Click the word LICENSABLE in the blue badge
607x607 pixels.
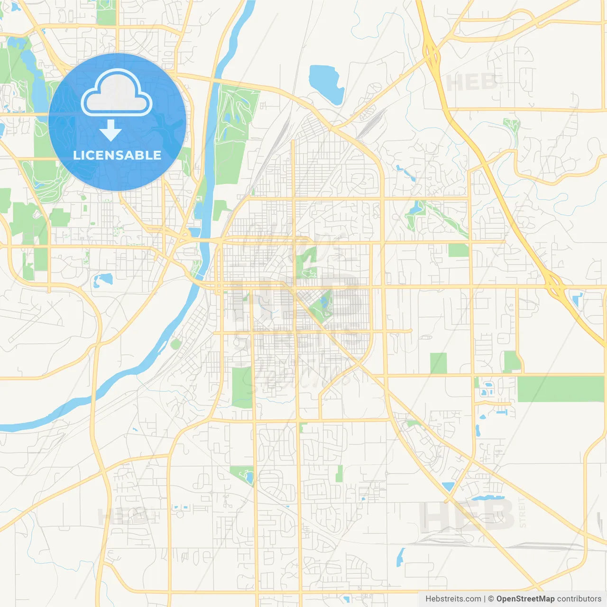117,155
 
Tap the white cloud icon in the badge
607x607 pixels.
117,93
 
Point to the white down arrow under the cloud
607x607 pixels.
111,130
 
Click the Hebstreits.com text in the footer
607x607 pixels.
453,599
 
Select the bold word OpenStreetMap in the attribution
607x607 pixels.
525,599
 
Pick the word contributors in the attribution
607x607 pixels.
579,599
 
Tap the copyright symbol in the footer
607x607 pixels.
491,599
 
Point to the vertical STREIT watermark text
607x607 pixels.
522,513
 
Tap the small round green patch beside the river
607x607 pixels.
176,344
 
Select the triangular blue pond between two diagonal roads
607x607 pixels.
448,486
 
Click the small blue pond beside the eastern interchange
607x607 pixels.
577,299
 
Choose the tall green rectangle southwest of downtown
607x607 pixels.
242,387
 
